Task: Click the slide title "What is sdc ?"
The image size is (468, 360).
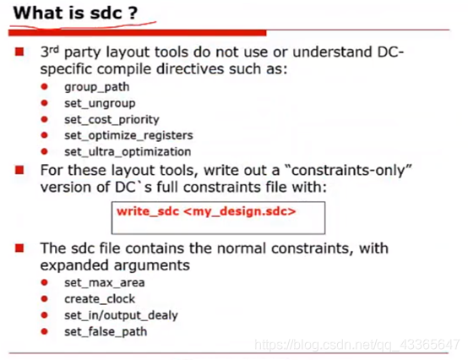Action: click(x=74, y=14)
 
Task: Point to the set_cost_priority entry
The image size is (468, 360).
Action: click(x=112, y=119)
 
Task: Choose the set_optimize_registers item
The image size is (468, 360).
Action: click(x=128, y=135)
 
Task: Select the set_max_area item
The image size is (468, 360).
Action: click(x=104, y=282)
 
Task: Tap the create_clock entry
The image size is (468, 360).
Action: click(x=100, y=298)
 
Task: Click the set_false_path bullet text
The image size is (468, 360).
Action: click(x=106, y=330)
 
